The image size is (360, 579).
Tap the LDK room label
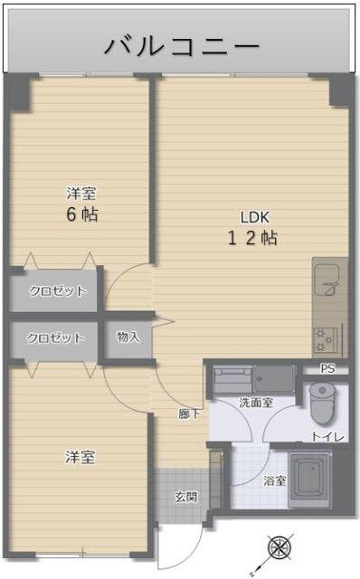(254, 216)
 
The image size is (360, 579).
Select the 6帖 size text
(81, 214)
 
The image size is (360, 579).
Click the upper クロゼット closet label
(58, 291)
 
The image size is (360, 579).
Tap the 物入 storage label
(128, 337)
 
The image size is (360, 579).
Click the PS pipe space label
(327, 369)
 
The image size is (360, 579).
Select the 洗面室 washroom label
(256, 402)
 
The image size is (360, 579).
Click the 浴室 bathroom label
(275, 480)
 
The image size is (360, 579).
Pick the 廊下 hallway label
(189, 413)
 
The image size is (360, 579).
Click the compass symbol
(280, 549)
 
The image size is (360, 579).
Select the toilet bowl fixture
(321, 403)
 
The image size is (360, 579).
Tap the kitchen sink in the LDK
(326, 286)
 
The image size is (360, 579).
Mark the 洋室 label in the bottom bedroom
(81, 457)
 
